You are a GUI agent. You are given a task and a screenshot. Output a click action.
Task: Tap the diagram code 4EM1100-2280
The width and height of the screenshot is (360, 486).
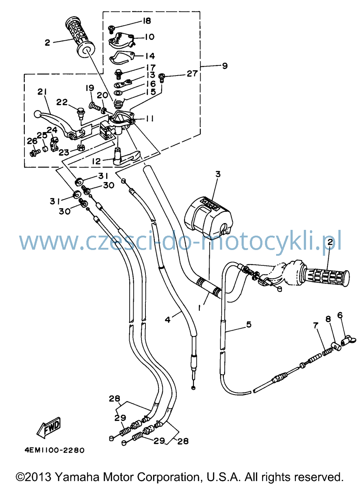coord(54,450)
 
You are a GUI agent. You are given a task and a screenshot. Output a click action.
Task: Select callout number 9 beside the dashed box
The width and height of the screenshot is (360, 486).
coord(225,66)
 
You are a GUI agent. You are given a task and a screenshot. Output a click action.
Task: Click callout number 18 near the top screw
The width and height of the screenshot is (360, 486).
coord(147,21)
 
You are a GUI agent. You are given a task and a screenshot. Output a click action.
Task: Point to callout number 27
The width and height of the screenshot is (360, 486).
coord(192,74)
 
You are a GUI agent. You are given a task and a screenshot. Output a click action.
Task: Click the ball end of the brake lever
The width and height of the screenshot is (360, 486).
coord(37,114)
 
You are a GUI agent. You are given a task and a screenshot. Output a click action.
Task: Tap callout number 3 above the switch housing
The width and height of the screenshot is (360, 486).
coord(218,174)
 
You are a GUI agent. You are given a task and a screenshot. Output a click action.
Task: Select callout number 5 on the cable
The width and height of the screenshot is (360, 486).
coord(249,324)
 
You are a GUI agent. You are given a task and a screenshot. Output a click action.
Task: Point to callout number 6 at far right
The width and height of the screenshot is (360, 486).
coord(340,315)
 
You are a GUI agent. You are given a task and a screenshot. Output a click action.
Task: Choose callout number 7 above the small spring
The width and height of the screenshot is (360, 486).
coord(316,326)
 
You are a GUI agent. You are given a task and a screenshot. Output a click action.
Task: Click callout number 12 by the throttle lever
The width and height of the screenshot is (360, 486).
coord(96,162)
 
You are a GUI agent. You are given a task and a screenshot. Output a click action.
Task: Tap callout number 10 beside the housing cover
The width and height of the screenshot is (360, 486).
coord(150,37)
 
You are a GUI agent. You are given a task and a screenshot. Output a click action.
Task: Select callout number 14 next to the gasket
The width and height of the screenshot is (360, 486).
coord(150,56)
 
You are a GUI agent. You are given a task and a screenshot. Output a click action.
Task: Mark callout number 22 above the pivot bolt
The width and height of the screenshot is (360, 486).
coord(62,102)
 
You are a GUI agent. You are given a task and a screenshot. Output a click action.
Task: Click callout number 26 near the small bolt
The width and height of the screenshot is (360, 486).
coord(32,141)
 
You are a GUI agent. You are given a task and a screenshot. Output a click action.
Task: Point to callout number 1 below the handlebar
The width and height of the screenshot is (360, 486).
coord(199,308)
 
